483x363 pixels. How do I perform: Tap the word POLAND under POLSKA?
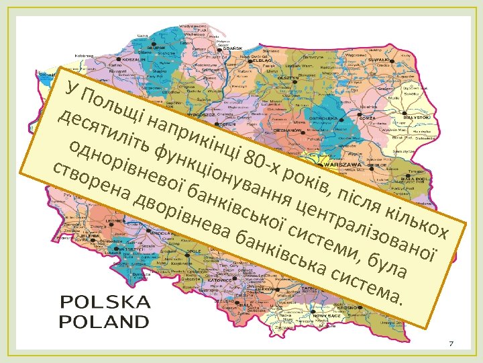point(105,321)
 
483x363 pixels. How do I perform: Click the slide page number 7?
point(451,344)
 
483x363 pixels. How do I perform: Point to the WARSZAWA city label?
point(343,163)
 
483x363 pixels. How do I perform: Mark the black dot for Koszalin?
point(121,59)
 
